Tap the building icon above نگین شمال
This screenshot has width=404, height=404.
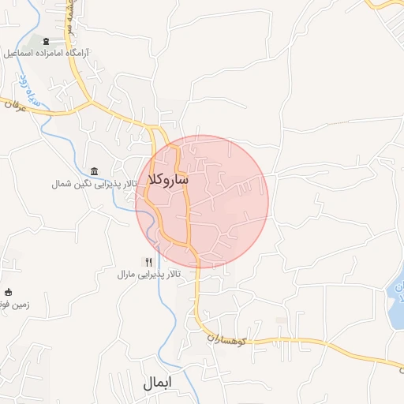[95, 171]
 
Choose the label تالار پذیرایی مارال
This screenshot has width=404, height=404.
[149, 275]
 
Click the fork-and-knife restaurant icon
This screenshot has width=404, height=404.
[148, 261]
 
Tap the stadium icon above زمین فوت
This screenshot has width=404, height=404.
[9, 291]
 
